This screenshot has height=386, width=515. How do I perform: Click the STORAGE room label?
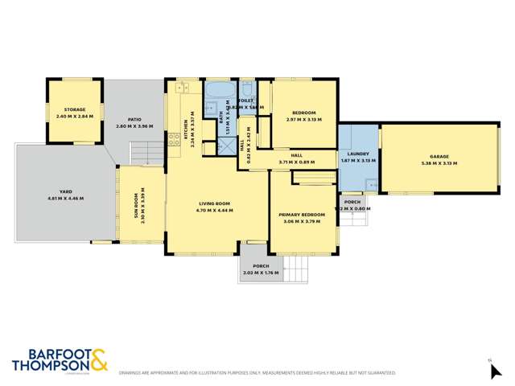[x=75, y=109]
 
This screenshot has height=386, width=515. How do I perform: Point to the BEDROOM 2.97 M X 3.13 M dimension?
[x=303, y=119]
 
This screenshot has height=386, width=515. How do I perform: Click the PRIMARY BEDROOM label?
[x=302, y=215]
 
